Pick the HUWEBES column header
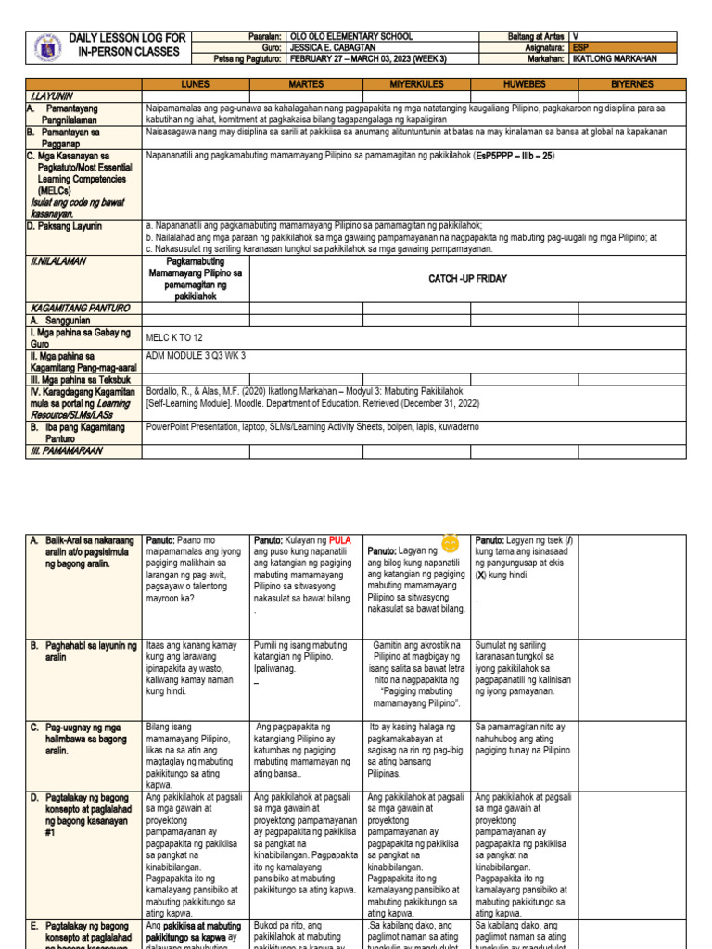point(525,84)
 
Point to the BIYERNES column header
point(632,84)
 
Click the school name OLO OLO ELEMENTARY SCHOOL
point(351,37)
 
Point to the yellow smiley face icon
point(451,541)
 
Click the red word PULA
point(342,540)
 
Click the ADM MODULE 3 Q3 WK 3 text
point(196,356)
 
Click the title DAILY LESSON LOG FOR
point(127,38)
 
